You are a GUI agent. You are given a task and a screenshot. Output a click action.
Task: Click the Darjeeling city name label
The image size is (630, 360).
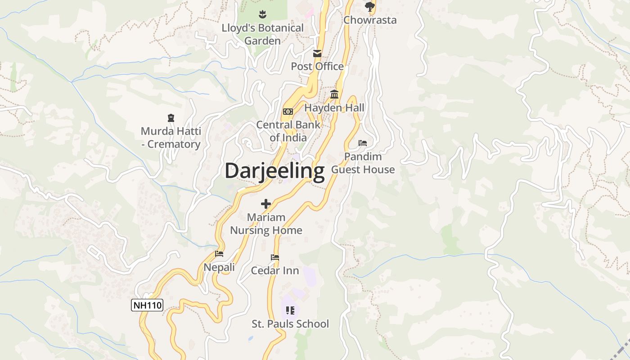click(x=274, y=171)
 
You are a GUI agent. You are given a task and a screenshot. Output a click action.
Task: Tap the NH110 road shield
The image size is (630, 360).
click(x=147, y=305)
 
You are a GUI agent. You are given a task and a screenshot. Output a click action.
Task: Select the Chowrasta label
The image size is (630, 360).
click(x=370, y=20)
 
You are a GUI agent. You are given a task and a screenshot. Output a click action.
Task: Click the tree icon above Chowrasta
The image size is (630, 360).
click(x=370, y=6)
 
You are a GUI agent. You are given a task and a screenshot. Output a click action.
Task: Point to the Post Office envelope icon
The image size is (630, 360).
click(x=317, y=54)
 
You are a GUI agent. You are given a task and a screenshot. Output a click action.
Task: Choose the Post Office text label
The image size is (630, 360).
click(x=317, y=66)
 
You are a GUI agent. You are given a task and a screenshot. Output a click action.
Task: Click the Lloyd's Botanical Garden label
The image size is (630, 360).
click(x=262, y=34)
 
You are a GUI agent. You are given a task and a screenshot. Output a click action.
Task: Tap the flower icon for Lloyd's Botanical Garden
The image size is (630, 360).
click(x=262, y=14)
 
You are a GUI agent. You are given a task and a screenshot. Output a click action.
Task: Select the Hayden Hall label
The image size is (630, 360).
click(x=334, y=108)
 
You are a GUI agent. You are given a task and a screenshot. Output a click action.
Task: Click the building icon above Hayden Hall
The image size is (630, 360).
click(x=334, y=94)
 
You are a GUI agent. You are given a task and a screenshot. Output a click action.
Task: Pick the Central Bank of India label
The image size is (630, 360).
click(x=288, y=131)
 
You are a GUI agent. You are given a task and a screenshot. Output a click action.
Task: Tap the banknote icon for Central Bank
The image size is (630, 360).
click(x=288, y=112)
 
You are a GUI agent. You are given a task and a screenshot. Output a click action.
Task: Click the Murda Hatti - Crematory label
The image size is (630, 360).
click(x=171, y=138)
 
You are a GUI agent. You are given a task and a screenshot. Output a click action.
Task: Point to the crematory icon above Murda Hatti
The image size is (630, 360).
click(x=171, y=118)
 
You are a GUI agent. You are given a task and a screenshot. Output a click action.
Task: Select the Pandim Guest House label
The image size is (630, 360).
click(x=363, y=163)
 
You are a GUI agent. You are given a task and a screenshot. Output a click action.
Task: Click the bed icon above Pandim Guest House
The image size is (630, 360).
click(x=363, y=143)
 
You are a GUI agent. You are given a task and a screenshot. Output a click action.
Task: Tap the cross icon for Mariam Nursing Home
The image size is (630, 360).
click(x=266, y=204)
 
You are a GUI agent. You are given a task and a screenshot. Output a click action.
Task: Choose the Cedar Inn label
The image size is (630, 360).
click(x=274, y=270)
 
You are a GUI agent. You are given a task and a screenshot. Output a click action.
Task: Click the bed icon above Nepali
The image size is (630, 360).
click(x=219, y=254)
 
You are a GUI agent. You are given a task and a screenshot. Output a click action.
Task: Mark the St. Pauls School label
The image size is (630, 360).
click(x=290, y=324)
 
